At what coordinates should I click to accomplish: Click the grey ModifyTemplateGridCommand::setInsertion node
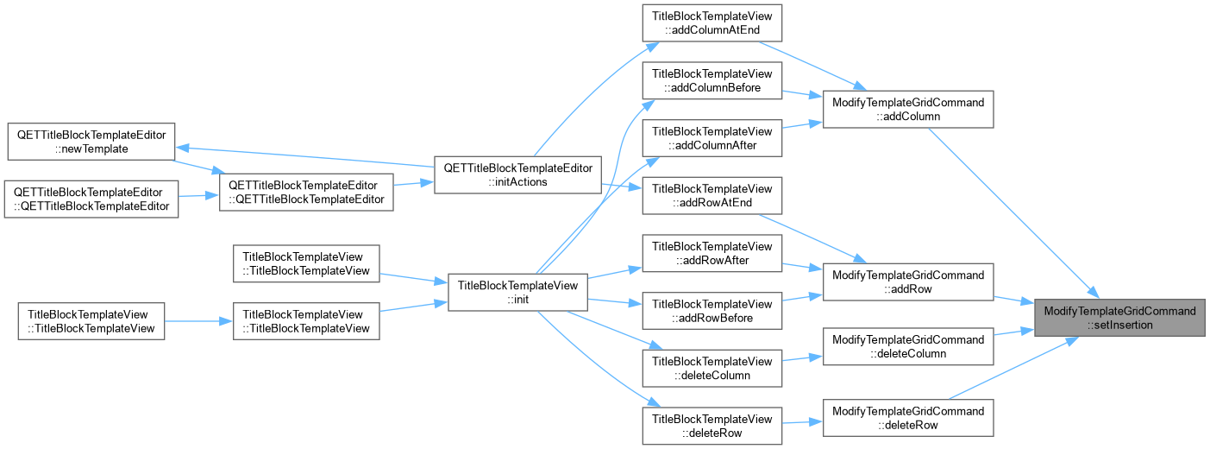(x=1119, y=318)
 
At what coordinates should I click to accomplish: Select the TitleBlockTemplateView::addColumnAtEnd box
(x=712, y=22)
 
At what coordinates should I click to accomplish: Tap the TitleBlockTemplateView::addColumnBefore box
(x=712, y=80)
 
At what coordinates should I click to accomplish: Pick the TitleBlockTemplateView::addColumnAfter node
(x=712, y=138)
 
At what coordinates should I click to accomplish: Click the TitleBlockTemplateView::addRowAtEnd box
(x=712, y=195)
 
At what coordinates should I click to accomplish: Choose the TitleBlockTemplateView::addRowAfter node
(x=712, y=253)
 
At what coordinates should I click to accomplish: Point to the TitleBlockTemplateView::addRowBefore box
(x=712, y=311)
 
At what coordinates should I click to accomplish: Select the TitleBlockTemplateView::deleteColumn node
(x=712, y=369)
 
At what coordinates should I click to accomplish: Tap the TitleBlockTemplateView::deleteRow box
(x=712, y=426)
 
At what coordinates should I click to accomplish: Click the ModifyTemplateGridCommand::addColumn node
(x=908, y=110)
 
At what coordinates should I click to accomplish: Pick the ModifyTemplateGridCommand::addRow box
(x=908, y=281)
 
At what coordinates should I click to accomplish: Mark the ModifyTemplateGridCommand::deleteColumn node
(x=908, y=346)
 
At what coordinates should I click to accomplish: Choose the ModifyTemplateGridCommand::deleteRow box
(x=908, y=418)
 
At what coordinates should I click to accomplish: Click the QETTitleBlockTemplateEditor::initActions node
(x=517, y=174)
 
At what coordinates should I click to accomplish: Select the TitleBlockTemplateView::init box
(x=517, y=292)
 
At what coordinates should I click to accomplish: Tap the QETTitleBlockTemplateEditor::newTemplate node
(x=91, y=142)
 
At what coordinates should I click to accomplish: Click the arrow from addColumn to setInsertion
(x=1014, y=213)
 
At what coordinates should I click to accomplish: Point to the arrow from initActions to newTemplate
(x=305, y=156)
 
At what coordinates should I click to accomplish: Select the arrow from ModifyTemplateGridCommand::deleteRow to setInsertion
(x=1014, y=368)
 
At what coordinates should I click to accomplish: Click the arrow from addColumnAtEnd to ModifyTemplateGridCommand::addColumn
(x=813, y=66)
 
